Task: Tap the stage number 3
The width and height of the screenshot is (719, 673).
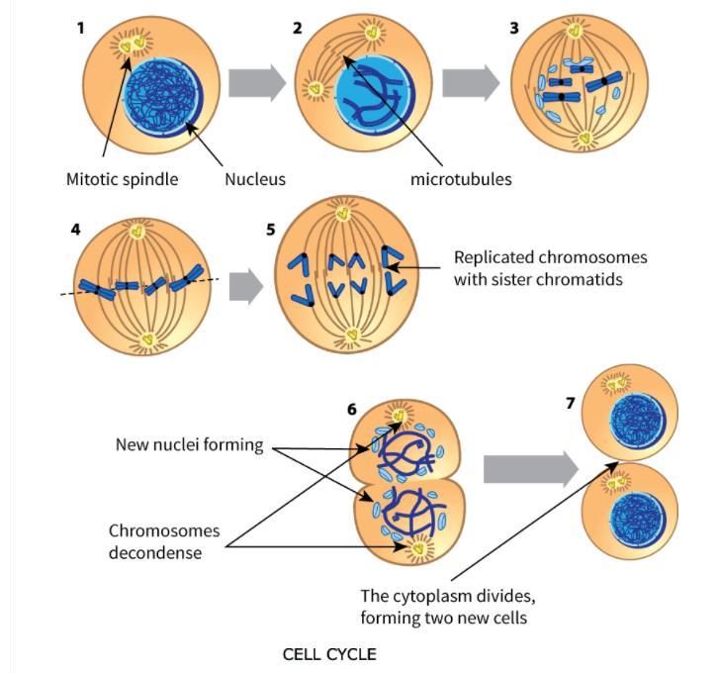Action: click(513, 28)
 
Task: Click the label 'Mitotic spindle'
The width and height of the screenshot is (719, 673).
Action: click(122, 179)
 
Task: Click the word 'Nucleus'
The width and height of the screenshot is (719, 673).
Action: click(255, 179)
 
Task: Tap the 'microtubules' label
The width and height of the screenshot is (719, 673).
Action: click(461, 179)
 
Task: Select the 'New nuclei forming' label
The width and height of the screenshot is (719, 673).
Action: click(190, 444)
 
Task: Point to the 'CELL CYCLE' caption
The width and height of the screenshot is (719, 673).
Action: click(329, 654)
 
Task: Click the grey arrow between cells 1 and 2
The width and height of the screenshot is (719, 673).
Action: click(257, 83)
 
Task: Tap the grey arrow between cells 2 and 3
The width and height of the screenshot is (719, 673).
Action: click(471, 83)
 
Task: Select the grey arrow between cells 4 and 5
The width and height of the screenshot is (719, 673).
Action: click(245, 288)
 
